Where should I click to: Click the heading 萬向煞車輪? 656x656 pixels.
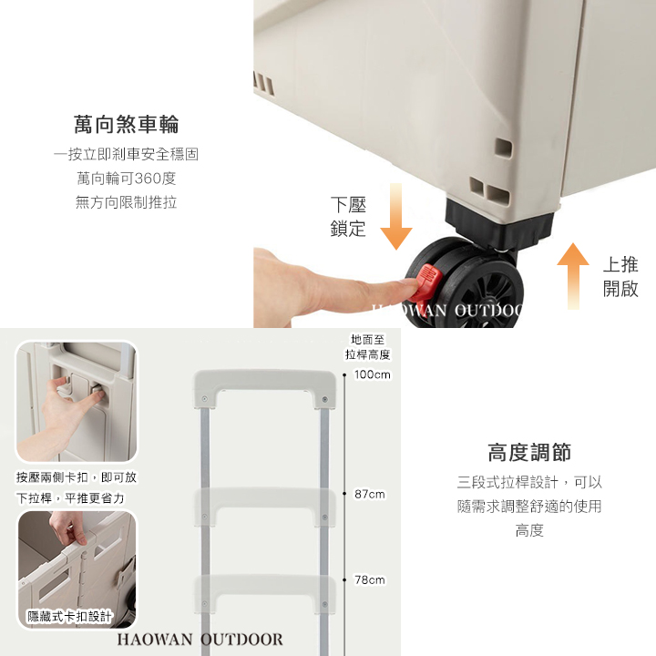tap(126, 124)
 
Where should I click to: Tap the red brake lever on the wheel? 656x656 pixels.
tap(425, 282)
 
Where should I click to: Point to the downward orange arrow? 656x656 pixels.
tap(395, 216)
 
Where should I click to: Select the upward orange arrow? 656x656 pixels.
tap(573, 276)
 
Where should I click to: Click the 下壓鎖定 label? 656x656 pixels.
tap(348, 217)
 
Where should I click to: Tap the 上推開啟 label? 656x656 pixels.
tap(620, 277)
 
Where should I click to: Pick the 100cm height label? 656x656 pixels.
tap(373, 374)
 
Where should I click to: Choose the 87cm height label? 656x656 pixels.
tap(369, 494)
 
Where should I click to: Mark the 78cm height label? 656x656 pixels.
tap(369, 579)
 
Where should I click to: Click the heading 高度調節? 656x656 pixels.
tap(529, 452)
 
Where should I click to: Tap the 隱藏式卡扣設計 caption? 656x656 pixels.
tap(69, 616)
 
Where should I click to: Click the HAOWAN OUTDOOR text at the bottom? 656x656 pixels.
tap(200, 640)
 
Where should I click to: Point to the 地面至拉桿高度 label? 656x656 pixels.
tap(367, 347)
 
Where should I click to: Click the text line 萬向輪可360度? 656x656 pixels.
tap(126, 179)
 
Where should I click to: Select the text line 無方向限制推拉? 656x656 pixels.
tap(126, 202)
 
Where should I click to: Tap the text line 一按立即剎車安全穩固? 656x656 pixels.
tap(126, 154)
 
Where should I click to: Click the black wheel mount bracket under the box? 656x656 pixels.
tap(500, 224)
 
